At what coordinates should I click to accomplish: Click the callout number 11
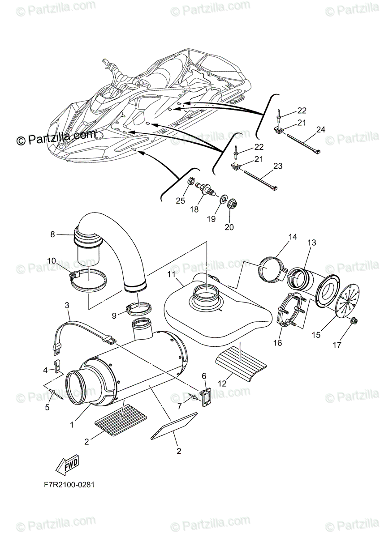[x=172, y=274]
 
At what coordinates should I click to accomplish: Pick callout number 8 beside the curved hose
[x=52, y=234]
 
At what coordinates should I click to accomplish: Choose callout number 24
[x=320, y=130]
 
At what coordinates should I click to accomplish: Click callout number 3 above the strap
[x=67, y=305]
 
